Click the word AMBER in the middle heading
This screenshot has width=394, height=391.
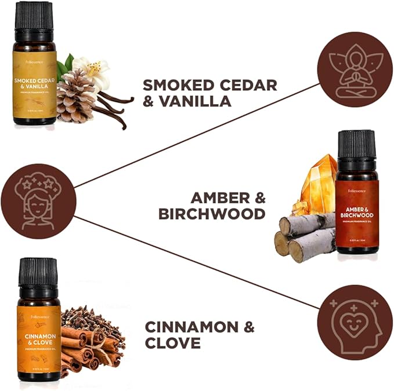218,198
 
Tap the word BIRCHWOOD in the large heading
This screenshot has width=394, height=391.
212,214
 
